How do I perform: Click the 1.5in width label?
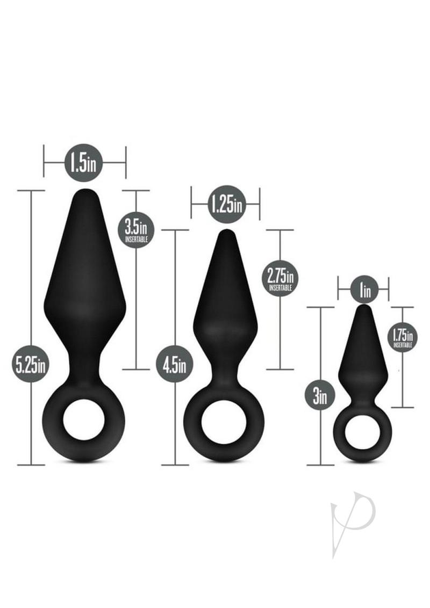83,163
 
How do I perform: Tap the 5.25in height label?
30,365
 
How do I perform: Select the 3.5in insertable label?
137,230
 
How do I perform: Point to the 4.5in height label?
175,365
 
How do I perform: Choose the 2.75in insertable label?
280,278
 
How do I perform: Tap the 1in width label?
364,289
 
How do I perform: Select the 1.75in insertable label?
403,337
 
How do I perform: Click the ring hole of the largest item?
83,425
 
